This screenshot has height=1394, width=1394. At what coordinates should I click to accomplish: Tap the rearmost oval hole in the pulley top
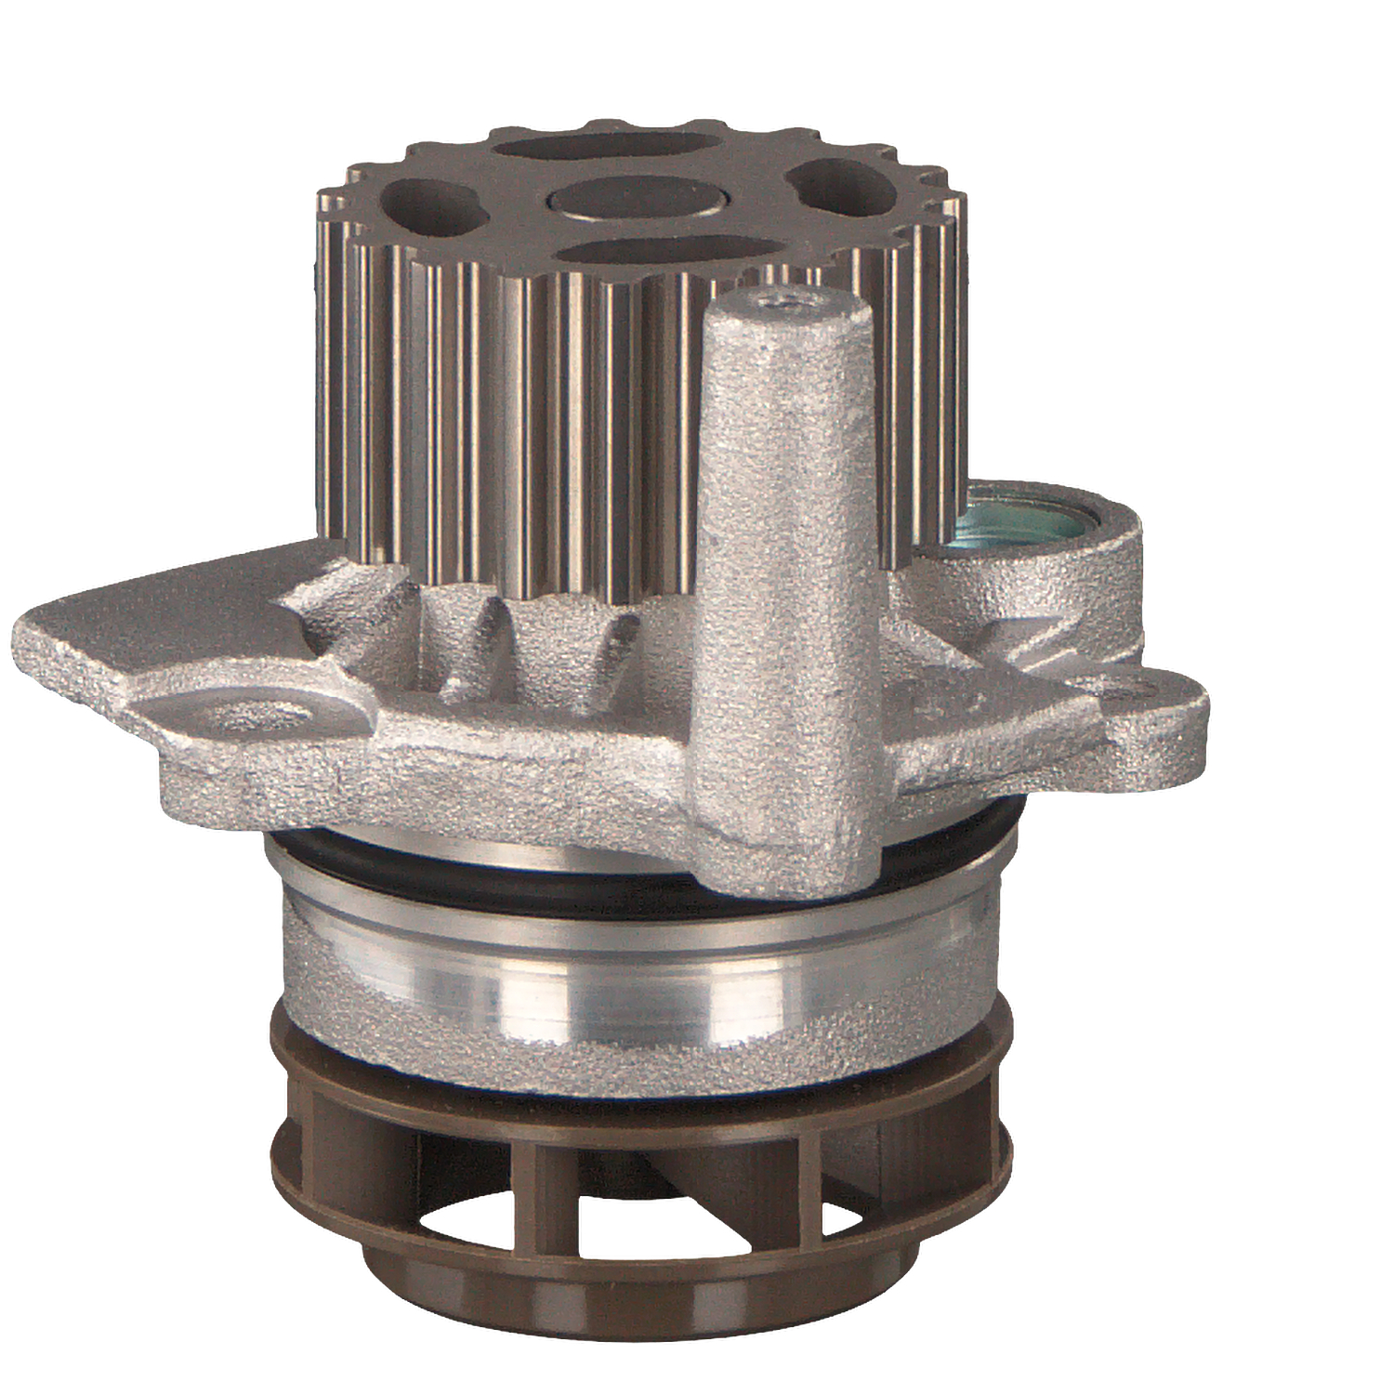[609, 147]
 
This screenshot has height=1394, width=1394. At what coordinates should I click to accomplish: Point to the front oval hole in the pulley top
[669, 252]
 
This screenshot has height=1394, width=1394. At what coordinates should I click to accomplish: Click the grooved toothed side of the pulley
[520, 418]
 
